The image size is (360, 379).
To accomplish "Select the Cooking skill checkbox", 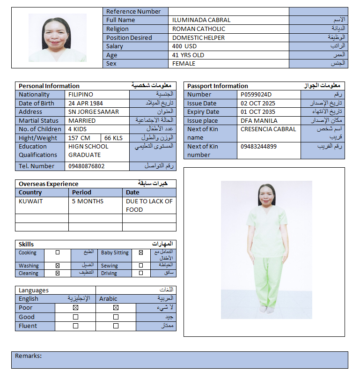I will point(58,253).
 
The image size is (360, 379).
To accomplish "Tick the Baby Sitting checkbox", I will point(141,253).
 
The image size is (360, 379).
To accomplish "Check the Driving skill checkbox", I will point(141,273).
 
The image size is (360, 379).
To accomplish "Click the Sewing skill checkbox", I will point(141,266).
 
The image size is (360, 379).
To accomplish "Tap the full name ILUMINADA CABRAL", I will point(201,20).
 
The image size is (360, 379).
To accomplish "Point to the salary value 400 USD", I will point(184,46).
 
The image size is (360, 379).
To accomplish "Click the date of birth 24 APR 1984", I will point(86,103).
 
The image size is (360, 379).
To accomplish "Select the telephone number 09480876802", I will point(87,166).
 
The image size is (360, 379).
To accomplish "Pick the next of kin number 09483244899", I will point(258,147).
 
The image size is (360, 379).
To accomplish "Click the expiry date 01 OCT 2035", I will point(258,112).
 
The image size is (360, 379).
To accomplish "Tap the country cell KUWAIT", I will point(30,201).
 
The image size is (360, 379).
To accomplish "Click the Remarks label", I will point(29,356).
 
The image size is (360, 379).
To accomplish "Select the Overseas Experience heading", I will point(49,184).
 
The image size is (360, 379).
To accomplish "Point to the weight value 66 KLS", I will point(114,138).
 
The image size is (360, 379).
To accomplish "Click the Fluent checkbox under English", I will point(75,326).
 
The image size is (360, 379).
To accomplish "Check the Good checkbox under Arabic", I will point(116,317).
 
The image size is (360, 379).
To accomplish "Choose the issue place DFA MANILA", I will point(259,121).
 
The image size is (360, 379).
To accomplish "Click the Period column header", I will point(82,193).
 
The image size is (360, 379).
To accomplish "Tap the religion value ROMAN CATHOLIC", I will point(198,29).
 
